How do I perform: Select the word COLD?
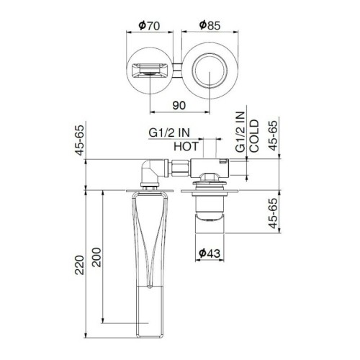(255, 139)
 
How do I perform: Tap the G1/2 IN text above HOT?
(170, 133)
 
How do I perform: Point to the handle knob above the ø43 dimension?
(210, 214)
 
